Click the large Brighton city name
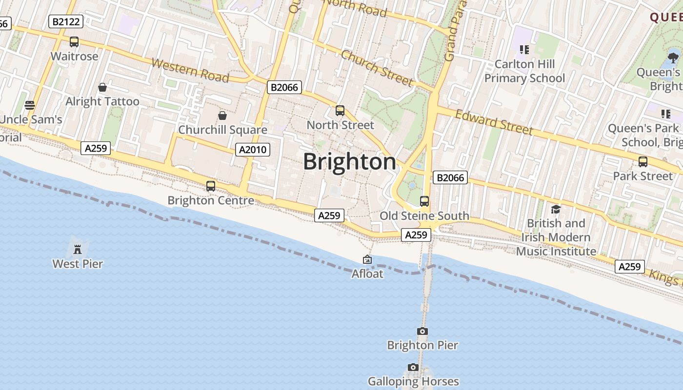pos(349,162)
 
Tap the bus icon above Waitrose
pos(74,42)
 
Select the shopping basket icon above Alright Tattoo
pos(102,87)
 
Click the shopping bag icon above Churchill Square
pos(222,116)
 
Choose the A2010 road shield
pos(252,150)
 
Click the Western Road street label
pos(190,71)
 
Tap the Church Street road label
pos(377,68)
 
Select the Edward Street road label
pos(494,122)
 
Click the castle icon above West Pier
pos(77,250)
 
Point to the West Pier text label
pos(78,264)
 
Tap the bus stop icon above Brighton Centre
pos(211,186)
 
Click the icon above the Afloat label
pos(367,260)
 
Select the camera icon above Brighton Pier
pos(422,331)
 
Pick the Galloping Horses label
pos(413,381)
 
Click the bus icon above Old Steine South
pos(424,201)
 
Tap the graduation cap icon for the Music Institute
pos(556,209)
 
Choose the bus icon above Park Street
pos(643,161)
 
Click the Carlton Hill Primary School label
pos(524,71)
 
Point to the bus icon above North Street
pos(340,111)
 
